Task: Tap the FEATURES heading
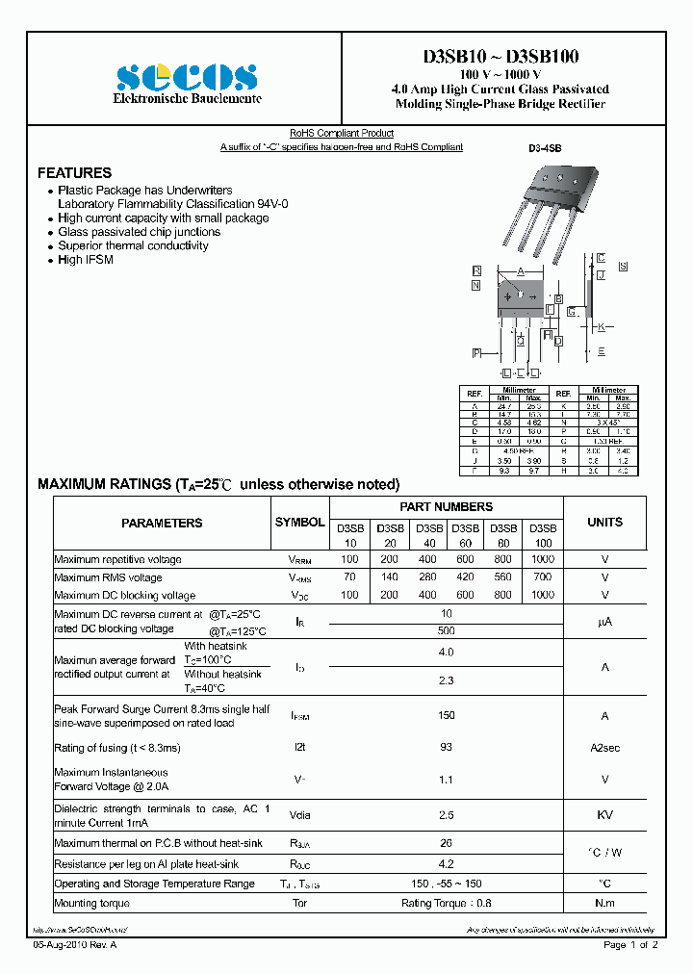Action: coord(74,173)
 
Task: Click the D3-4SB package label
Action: coord(544,148)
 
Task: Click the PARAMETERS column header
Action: coord(162,523)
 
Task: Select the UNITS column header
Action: coord(604,523)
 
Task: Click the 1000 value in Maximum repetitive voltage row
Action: coord(543,559)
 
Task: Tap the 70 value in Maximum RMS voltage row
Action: coord(349,577)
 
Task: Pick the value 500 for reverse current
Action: coord(446,630)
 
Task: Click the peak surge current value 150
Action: coord(446,716)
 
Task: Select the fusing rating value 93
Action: coord(446,748)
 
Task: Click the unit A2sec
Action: coord(604,748)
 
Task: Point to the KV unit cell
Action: coord(604,815)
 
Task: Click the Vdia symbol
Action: coord(299,815)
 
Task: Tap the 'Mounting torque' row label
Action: coord(91,904)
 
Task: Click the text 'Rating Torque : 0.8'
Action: coord(446,904)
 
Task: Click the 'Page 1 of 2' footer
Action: coord(630,945)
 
